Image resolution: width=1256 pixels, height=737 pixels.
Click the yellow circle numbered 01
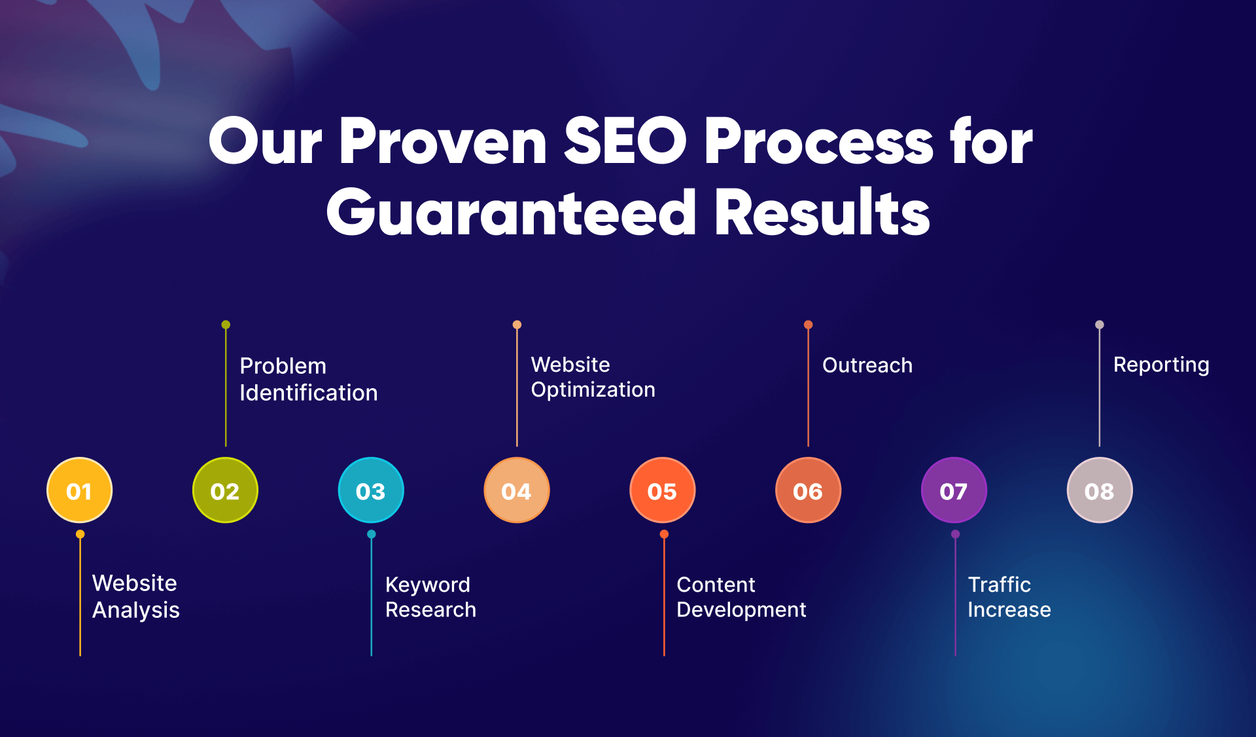click(79, 490)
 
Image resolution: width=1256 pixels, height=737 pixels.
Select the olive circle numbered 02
click(225, 490)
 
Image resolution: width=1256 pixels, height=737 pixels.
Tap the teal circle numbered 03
click(371, 490)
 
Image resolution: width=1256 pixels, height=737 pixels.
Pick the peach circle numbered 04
click(517, 490)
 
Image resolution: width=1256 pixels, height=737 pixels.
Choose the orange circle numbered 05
click(662, 490)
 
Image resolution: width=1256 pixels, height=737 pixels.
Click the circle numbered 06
click(808, 490)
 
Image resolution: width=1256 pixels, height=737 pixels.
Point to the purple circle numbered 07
click(954, 490)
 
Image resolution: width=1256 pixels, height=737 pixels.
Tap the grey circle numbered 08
click(1100, 490)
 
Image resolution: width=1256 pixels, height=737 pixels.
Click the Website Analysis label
click(135, 596)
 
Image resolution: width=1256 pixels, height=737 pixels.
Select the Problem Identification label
click(308, 379)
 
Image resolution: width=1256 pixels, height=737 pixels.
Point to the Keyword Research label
click(430, 597)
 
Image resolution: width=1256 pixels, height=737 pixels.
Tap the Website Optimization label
click(593, 377)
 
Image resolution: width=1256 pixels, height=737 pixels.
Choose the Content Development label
click(741, 597)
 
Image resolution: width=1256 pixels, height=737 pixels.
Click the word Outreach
click(867, 365)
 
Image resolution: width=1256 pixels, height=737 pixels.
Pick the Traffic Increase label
click(1009, 597)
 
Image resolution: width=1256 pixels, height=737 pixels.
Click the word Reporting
click(1161, 365)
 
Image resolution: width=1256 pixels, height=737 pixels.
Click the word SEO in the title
click(625, 141)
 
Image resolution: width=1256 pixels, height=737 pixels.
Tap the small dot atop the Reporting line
click(1100, 325)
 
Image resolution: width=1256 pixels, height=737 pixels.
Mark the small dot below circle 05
click(664, 534)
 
